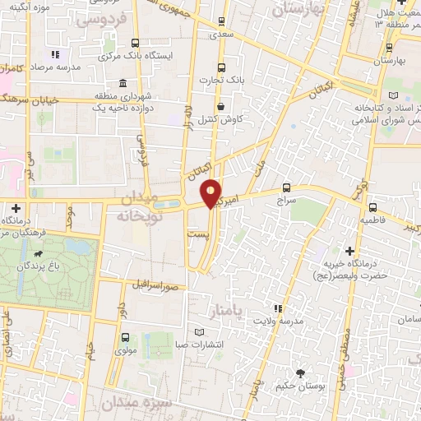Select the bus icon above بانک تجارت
(x=220, y=68)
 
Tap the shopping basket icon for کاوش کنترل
(x=220, y=106)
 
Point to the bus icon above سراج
(x=286, y=187)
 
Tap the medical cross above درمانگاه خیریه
(x=349, y=250)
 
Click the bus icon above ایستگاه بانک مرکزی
(x=134, y=43)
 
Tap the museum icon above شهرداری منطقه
(x=122, y=83)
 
